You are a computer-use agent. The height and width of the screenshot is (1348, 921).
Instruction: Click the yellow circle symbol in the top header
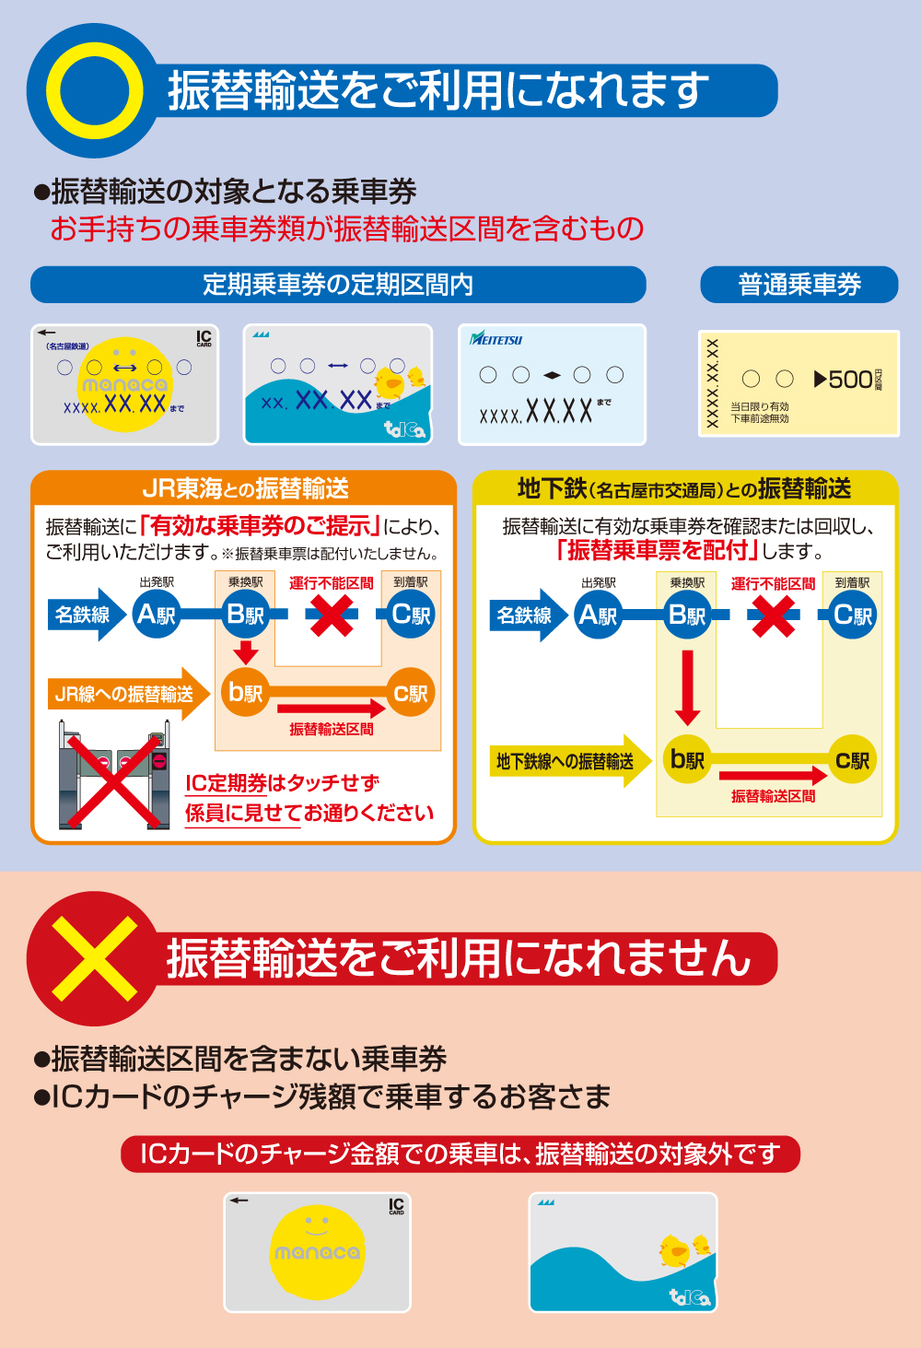(95, 90)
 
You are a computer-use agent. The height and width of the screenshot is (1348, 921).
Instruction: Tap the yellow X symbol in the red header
(94, 958)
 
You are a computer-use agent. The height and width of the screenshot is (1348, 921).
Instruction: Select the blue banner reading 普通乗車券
(799, 285)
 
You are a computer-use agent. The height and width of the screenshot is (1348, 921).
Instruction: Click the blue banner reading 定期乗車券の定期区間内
(338, 285)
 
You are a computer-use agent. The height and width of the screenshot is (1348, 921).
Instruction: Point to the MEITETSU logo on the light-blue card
(496, 339)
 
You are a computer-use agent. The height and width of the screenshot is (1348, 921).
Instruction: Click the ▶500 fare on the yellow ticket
(844, 380)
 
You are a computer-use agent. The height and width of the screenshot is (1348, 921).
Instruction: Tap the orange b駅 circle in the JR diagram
(245, 693)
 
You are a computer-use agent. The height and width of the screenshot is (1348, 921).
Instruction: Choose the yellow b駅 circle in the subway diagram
(687, 760)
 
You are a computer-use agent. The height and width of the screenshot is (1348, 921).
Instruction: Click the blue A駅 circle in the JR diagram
(156, 615)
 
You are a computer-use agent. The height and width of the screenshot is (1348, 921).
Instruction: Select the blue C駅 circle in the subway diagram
(852, 615)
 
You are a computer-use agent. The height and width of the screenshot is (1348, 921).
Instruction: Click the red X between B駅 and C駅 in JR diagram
(332, 615)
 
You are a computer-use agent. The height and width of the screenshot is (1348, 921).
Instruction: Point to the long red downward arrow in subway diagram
(687, 686)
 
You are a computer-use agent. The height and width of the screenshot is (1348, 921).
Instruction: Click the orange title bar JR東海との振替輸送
(244, 488)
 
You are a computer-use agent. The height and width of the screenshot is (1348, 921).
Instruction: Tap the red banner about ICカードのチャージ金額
(460, 1154)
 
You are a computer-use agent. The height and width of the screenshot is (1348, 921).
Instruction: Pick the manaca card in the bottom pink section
(317, 1252)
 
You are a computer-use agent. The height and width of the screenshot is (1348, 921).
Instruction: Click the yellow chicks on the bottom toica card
(685, 1249)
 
